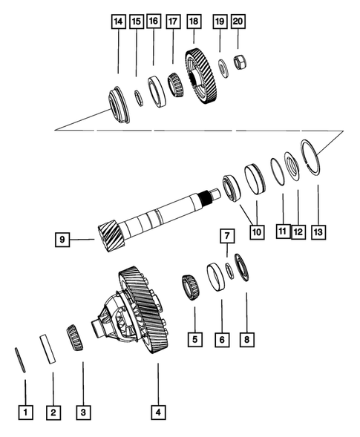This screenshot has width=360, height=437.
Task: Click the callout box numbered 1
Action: tap(25, 411)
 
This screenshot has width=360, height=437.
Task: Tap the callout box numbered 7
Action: tap(227, 235)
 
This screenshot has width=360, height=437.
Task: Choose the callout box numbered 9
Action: tap(63, 239)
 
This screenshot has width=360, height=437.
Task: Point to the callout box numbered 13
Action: tap(318, 232)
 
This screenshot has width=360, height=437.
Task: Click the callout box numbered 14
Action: tap(118, 22)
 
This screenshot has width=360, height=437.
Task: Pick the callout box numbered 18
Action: tap(194, 22)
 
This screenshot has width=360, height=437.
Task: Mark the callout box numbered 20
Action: tap(238, 22)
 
